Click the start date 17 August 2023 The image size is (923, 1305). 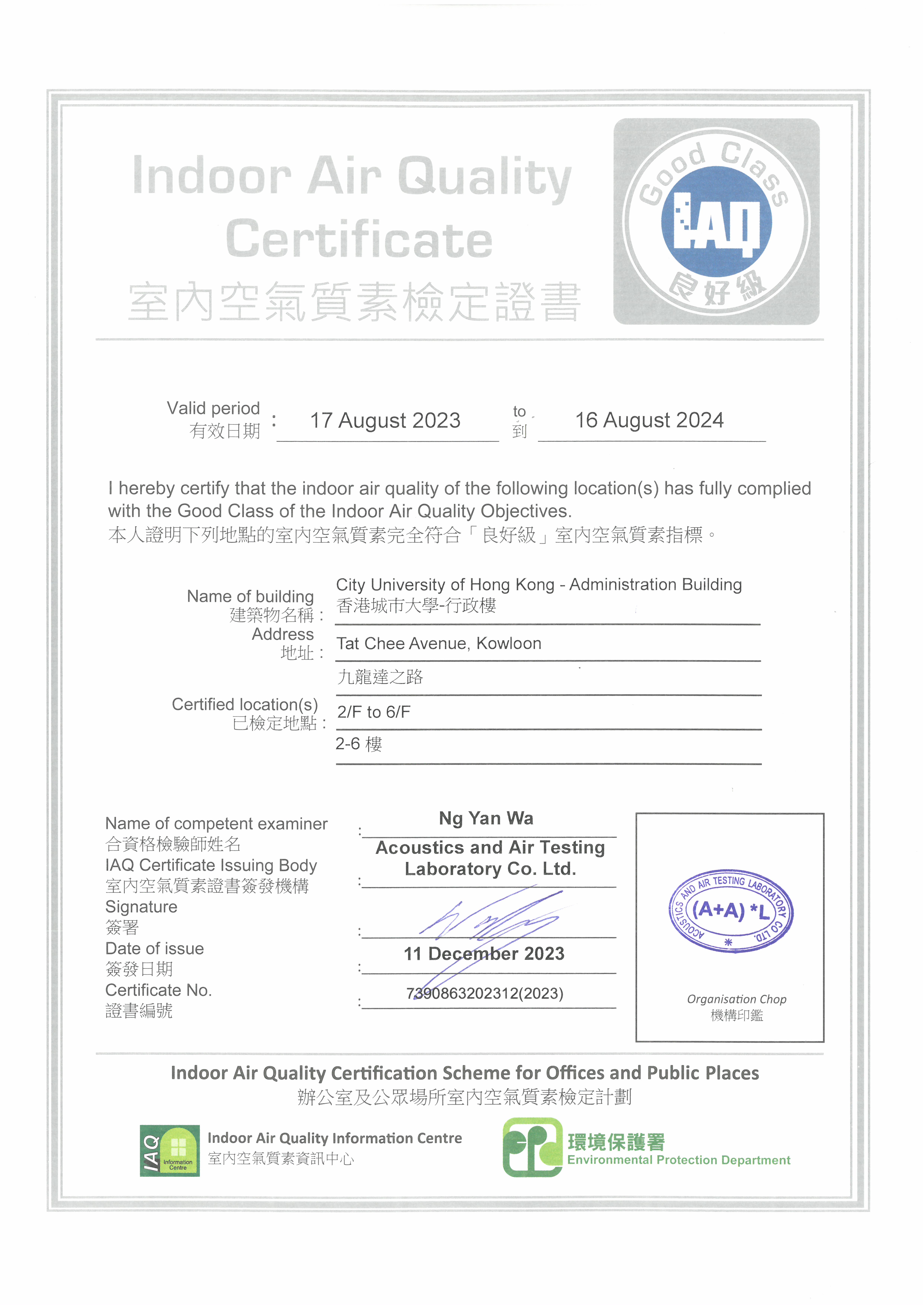click(385, 421)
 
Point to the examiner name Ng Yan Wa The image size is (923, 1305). click(486, 819)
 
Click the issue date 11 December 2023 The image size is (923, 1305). click(484, 954)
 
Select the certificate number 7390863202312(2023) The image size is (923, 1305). click(485, 994)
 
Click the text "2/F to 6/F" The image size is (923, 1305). click(374, 712)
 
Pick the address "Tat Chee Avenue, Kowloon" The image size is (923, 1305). click(438, 643)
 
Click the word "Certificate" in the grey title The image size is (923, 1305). click(359, 239)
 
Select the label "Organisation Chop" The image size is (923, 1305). click(737, 999)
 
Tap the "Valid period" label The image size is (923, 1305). click(213, 408)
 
